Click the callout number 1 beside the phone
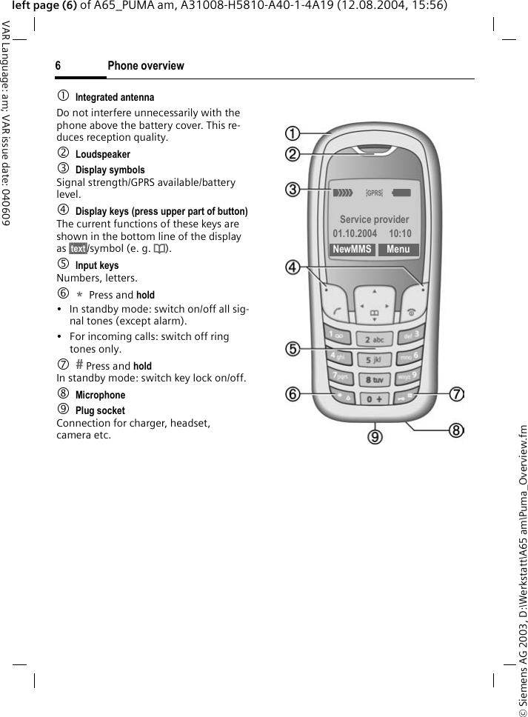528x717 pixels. [295, 134]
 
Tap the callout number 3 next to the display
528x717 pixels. [295, 190]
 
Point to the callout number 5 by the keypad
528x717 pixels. [295, 348]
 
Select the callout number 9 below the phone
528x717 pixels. [377, 437]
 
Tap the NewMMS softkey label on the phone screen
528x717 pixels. [352, 250]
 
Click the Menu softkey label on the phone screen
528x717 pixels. [398, 250]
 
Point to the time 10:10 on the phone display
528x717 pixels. [400, 234]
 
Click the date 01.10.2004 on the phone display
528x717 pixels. [355, 234]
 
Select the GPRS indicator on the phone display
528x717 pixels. [375, 193]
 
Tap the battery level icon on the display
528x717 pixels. [401, 193]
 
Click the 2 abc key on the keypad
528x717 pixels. [374, 339]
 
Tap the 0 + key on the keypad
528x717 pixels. [375, 399]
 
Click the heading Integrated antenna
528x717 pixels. [115, 97]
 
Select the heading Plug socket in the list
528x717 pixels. [100, 410]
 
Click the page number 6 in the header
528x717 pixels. [58, 66]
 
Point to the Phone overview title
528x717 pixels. [146, 66]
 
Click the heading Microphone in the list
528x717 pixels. [100, 395]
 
